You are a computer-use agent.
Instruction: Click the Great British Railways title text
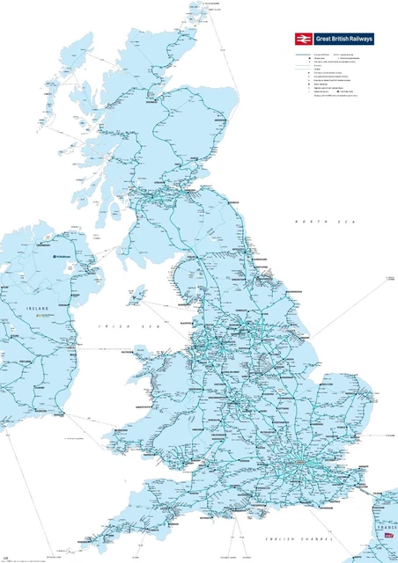pos(343,39)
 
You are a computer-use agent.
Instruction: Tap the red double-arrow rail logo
pos(302,39)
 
